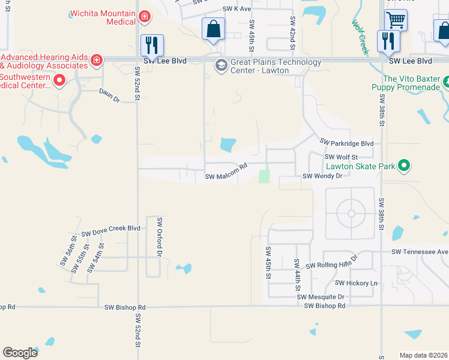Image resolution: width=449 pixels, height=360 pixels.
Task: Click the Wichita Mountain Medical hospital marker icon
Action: [x=144, y=16]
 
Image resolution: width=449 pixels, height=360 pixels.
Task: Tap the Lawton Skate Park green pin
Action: [x=404, y=165]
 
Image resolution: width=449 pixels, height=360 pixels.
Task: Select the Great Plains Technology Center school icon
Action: [x=221, y=65]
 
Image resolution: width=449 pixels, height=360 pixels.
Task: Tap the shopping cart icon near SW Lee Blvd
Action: [x=396, y=20]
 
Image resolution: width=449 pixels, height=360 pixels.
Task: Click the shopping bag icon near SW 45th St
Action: [x=213, y=28]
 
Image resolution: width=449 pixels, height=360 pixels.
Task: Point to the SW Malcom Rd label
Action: [x=226, y=173]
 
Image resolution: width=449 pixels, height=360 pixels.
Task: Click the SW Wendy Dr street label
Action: [x=322, y=176]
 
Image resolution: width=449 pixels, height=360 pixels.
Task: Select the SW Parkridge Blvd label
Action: [x=346, y=143]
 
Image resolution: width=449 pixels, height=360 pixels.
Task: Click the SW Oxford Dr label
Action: [x=160, y=238]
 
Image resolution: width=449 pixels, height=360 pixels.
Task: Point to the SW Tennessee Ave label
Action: [x=420, y=252]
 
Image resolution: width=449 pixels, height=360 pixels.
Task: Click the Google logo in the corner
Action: [x=20, y=353]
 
